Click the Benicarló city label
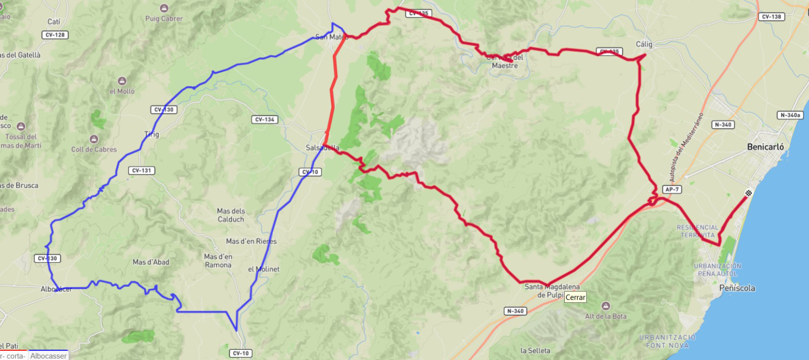pos(765,147)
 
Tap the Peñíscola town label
pos(737,288)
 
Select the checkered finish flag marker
pos(748,193)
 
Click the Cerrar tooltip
pos(575,297)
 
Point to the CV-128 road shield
pos(55,35)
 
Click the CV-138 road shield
pos(771,17)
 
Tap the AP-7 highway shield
pos(672,190)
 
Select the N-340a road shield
pos(790,115)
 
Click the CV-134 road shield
pos(264,120)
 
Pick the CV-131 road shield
pos(142,170)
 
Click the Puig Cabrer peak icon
pos(164,8)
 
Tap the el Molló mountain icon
pos(122,81)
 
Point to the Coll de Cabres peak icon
pos(94,139)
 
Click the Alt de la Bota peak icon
pos(606,306)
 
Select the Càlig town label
pos(644,44)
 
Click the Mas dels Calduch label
pos(231,215)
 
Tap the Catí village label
pos(54,22)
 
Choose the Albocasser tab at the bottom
pos(48,355)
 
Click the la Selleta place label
pos(535,350)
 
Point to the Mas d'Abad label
pos(151,262)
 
